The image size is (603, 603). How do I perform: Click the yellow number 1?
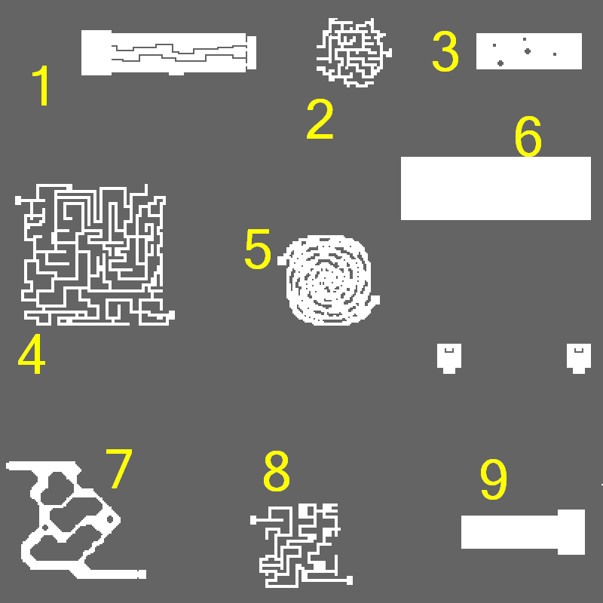coord(41,85)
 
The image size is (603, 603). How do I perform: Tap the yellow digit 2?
coord(320,119)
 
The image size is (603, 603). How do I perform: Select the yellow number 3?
coord(445,51)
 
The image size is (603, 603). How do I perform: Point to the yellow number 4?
coord(32,354)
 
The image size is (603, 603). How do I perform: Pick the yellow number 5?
coord(258,249)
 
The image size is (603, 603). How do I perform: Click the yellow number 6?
coord(528,136)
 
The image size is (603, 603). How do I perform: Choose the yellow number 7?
coord(119,469)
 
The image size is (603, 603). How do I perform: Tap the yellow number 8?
coord(277,472)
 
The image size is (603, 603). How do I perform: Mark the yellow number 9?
coord(494,479)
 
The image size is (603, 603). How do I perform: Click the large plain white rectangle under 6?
coord(496,188)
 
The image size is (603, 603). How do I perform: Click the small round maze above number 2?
coord(354,52)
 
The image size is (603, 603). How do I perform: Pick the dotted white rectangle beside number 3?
coord(529,51)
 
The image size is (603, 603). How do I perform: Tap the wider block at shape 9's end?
coord(571,532)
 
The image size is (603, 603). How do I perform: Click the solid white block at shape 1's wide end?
coord(96,53)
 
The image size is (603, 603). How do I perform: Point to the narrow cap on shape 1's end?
coord(251,53)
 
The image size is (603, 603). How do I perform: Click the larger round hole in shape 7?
coord(110,519)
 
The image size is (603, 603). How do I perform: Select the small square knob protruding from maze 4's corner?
coord(18,200)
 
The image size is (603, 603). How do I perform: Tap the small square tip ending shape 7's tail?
coord(142,574)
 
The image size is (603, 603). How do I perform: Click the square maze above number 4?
coord(95,255)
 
